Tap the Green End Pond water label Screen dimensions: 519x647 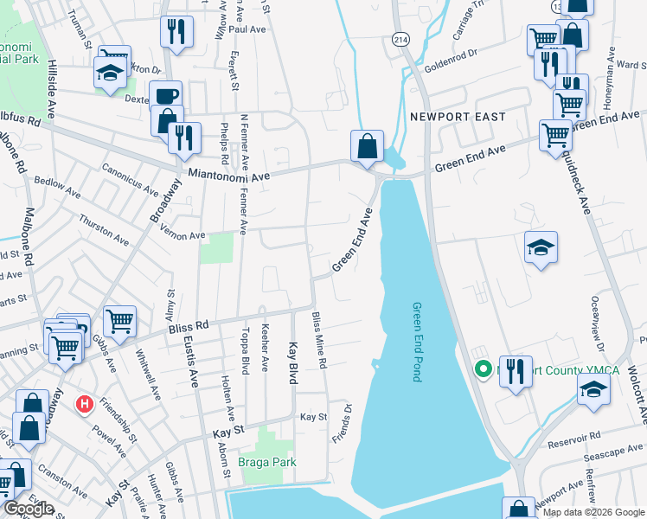coord(416,342)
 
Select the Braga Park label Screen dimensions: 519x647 coord(267,462)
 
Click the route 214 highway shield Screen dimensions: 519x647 coord(400,40)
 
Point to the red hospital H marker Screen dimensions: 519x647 coord(85,403)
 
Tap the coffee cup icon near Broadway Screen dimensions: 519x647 coord(165,96)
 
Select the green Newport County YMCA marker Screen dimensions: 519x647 coord(483,370)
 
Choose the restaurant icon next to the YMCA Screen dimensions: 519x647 coord(516,372)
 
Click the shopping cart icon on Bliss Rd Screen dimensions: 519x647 coord(119,321)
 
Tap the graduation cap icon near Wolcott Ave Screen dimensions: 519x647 coord(593,390)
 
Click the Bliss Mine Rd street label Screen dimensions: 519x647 coord(320,342)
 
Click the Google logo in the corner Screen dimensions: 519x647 coord(29,509)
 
